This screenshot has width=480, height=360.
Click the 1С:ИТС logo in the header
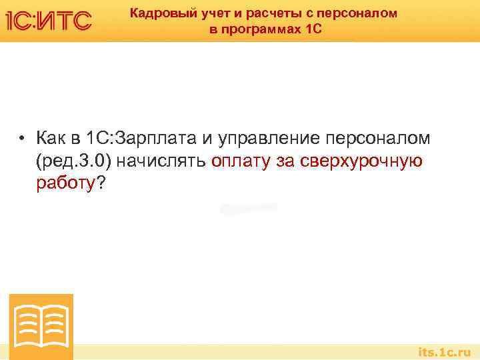(48, 20)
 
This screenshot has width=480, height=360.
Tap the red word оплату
(240, 161)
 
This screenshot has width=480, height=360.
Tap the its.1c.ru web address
(443, 351)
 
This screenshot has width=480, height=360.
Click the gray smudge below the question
(248, 208)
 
